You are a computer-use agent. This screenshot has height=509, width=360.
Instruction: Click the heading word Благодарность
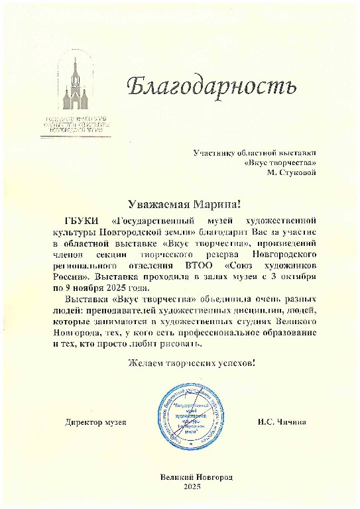tap(209, 85)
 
